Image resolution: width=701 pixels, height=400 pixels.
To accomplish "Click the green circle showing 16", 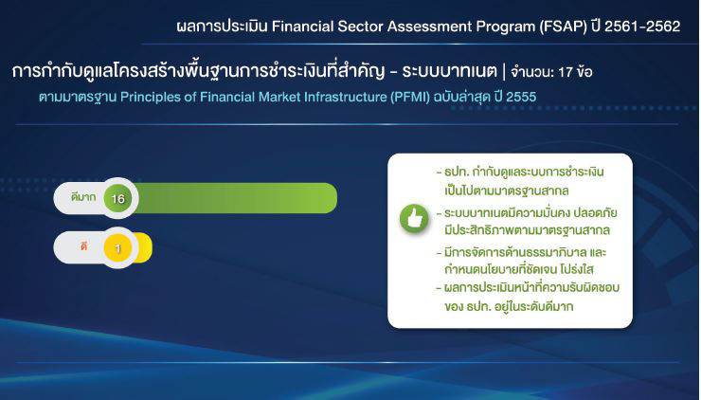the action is (x=118, y=198).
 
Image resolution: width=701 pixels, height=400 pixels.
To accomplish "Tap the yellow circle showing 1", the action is (x=118, y=248).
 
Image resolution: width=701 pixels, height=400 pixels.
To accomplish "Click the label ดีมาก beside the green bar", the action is (x=83, y=197).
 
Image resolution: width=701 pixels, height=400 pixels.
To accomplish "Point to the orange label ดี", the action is (x=83, y=246).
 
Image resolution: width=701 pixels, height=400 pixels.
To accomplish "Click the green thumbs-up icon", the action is (x=414, y=219).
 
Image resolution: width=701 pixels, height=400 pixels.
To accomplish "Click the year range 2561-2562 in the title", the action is (x=642, y=27).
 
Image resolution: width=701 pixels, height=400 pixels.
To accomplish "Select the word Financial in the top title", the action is (x=302, y=27).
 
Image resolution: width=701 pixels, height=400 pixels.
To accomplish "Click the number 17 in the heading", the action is (x=566, y=72).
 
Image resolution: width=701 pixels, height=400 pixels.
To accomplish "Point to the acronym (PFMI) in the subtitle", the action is (x=410, y=97).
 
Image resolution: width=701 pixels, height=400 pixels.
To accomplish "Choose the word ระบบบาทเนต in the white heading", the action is (x=449, y=71).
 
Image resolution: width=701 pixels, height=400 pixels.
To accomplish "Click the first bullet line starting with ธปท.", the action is (x=520, y=172).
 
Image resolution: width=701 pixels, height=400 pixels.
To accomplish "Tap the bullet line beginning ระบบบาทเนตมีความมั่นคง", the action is (x=527, y=212).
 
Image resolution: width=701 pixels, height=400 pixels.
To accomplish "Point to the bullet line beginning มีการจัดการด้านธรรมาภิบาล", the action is (x=521, y=252).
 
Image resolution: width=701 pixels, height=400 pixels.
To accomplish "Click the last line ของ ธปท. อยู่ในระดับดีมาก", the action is (x=509, y=306).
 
